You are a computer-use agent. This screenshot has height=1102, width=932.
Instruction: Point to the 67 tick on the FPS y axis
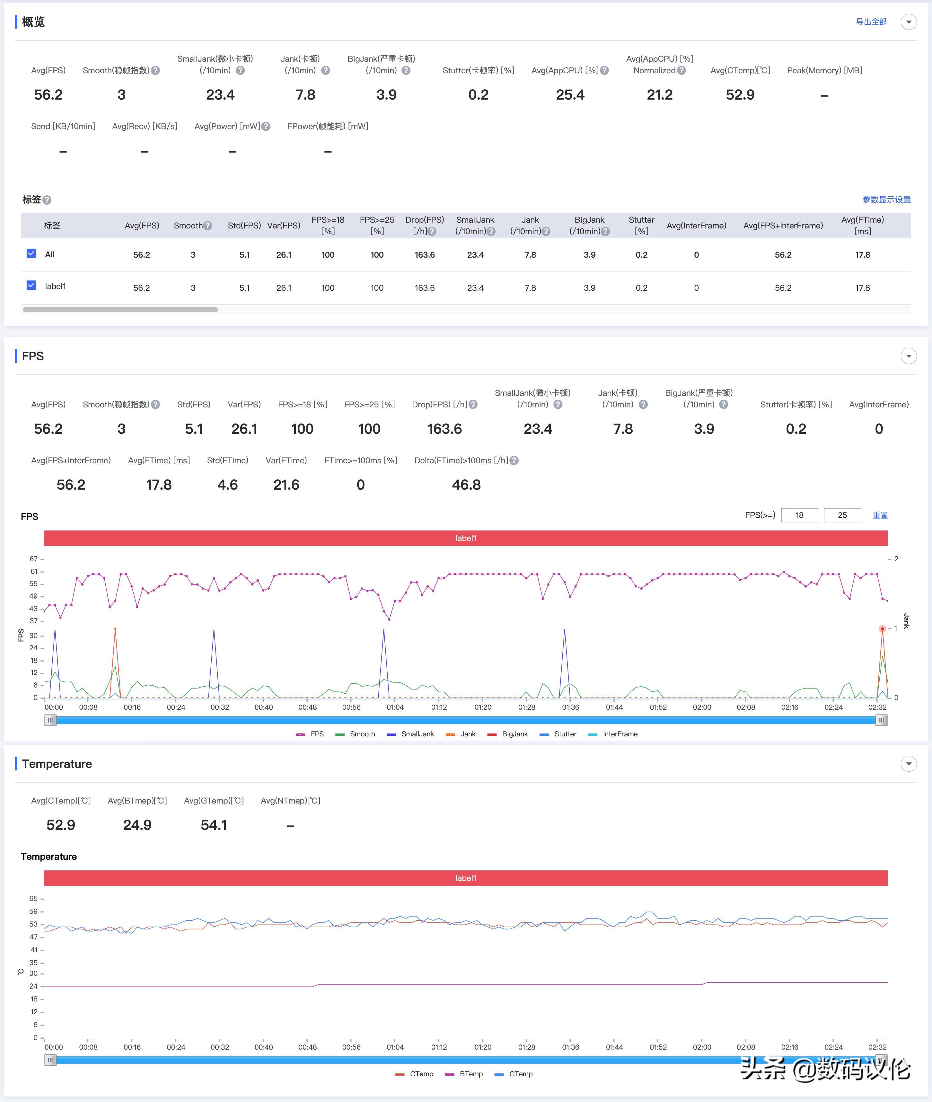[34, 559]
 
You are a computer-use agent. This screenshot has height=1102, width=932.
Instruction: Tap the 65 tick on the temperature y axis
[34, 899]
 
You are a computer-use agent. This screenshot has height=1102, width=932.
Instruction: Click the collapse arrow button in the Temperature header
[908, 763]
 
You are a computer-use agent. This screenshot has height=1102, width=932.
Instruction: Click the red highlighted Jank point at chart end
[882, 629]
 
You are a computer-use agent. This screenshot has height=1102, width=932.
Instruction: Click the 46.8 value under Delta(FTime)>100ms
[466, 485]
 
